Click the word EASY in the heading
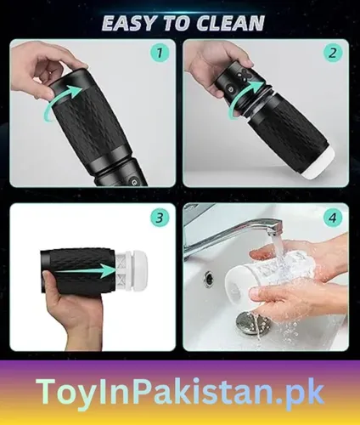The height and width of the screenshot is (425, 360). point(129,23)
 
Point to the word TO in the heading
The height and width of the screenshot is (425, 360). point(175,23)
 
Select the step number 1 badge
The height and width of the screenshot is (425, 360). point(156,55)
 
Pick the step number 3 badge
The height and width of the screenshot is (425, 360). point(156,218)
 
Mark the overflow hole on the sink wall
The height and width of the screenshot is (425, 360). point(209,278)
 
